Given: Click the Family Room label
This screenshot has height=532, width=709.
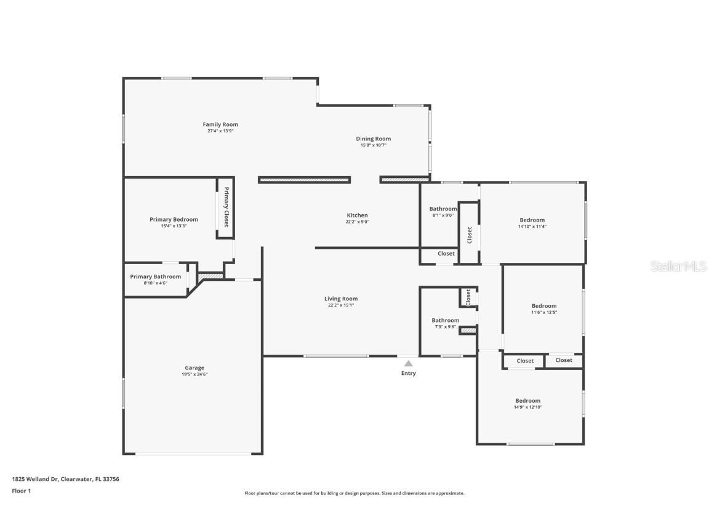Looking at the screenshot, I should [220, 124].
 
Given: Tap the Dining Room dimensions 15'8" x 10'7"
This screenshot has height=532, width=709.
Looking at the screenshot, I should [373, 145].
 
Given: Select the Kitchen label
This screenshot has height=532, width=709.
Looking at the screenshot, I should [357, 216].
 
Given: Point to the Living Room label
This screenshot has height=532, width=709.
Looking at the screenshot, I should [341, 299].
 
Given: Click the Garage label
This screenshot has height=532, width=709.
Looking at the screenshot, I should [194, 368].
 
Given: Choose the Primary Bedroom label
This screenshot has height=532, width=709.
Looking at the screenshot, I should [174, 219].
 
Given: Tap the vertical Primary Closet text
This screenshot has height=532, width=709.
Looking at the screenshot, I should [226, 207].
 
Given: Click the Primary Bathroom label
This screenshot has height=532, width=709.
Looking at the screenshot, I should [155, 276].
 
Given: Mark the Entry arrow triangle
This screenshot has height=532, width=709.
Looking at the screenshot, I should [408, 364].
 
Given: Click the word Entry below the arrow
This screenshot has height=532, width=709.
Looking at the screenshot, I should [408, 373].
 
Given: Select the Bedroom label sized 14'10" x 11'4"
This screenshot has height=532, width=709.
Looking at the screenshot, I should [532, 220].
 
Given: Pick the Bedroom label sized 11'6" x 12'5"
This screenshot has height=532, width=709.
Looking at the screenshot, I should [543, 305].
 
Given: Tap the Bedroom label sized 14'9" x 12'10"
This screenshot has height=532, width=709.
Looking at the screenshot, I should [527, 400].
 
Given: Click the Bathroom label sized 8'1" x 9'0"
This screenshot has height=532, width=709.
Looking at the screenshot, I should [443, 209].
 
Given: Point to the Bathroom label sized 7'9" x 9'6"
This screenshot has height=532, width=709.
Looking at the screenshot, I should [445, 320].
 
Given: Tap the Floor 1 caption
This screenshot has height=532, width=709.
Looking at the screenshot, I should [21, 491].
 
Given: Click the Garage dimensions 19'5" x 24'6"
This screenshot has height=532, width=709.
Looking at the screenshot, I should [194, 374].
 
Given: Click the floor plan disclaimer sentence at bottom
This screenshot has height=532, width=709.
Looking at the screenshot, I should [354, 493].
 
